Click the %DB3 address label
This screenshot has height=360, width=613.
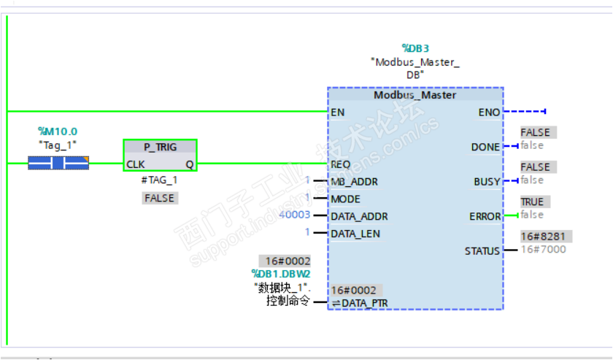point(415,48)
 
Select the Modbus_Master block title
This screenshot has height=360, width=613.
point(415,95)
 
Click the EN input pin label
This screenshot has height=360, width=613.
point(337,112)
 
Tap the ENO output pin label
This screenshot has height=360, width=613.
point(488,112)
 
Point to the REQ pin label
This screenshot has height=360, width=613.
point(340,164)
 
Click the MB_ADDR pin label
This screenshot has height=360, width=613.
point(354,181)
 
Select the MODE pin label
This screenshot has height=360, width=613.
point(346,199)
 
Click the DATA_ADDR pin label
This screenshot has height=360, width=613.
point(359,216)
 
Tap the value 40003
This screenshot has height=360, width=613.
point(295,216)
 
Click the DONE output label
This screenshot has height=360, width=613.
point(485,147)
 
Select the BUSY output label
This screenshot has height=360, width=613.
point(487,181)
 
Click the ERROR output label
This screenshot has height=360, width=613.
point(485,216)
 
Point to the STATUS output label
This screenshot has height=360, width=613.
point(482,251)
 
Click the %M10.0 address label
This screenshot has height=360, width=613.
point(58,131)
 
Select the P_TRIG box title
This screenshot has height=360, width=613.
point(160,148)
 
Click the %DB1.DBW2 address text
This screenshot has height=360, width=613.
point(281,274)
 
